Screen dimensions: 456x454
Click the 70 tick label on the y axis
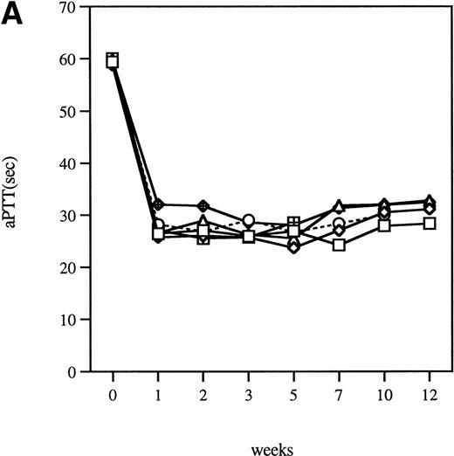tap(79, 7)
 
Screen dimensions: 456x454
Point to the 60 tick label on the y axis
tap(79, 59)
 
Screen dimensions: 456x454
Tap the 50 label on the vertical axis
tap(79, 111)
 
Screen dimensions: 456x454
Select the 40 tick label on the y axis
tap(79, 163)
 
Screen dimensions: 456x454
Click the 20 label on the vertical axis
tap(79, 267)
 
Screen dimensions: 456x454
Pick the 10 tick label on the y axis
tap(79, 320)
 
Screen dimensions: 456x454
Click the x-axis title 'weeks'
tap(271, 446)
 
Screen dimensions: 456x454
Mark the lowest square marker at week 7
tap(340, 245)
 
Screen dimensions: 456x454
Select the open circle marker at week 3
tap(249, 220)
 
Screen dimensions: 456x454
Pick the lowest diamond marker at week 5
tap(294, 247)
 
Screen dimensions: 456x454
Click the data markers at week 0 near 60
tap(113, 60)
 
